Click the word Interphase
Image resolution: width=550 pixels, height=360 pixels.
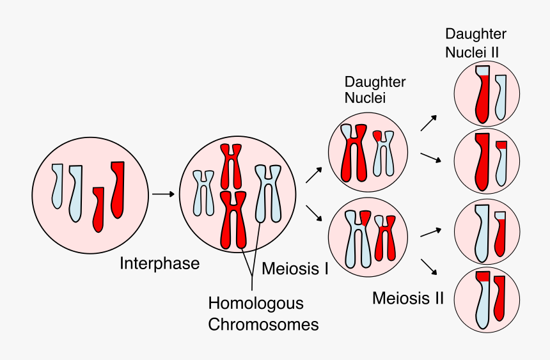tap(160, 263)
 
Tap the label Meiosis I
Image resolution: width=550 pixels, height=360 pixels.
tap(295, 269)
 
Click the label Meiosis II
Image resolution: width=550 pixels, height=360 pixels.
tap(408, 298)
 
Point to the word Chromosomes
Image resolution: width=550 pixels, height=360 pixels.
tap(263, 324)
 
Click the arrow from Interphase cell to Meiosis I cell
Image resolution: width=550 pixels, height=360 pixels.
tap(163, 194)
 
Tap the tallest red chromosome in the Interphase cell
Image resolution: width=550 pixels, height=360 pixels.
tap(118, 189)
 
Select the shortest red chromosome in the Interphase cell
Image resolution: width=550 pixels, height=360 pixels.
tap(98, 208)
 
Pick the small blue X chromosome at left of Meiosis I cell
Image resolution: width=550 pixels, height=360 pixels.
tap(203, 192)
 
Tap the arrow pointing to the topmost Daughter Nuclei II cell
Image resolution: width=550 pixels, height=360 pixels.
tap(429, 123)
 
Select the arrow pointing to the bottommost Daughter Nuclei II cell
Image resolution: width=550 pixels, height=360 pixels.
tap(429, 267)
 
